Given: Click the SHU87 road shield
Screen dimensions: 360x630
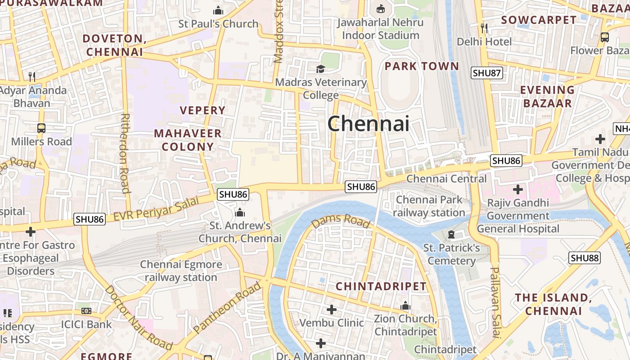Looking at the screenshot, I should click(x=486, y=73).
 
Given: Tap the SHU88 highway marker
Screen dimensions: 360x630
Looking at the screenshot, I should click(x=585, y=258).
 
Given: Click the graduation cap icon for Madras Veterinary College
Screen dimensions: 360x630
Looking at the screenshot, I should click(x=320, y=69).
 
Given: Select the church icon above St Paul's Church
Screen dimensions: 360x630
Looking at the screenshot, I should click(x=218, y=10).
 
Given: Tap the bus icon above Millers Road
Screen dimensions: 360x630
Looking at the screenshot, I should click(x=41, y=128).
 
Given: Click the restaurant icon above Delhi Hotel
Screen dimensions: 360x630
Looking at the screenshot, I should click(x=484, y=28).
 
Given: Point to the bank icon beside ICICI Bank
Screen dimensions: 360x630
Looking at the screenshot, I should click(x=86, y=311).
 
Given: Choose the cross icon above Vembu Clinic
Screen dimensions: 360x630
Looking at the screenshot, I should click(x=332, y=310).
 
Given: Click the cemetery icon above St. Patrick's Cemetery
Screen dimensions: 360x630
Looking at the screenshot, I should click(x=451, y=234).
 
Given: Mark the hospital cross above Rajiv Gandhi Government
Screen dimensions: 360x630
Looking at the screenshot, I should click(x=518, y=189).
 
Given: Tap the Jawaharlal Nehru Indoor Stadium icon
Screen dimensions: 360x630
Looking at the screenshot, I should click(x=381, y=9).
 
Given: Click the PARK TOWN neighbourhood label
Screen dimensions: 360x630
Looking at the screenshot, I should click(x=422, y=66).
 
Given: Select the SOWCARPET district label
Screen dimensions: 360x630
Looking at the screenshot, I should click(x=539, y=20).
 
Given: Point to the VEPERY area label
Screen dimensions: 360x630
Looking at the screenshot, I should click(x=202, y=110).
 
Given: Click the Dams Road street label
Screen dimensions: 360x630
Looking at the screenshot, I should click(x=341, y=220).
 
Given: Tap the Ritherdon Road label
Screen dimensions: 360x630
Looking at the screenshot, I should click(x=125, y=153).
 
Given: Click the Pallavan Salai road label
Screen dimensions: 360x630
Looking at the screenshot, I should click(x=495, y=302).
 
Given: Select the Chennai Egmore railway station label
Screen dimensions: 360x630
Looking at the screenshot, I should click(x=181, y=271).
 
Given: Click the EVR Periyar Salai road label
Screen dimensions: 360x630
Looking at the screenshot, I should click(x=156, y=209).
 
